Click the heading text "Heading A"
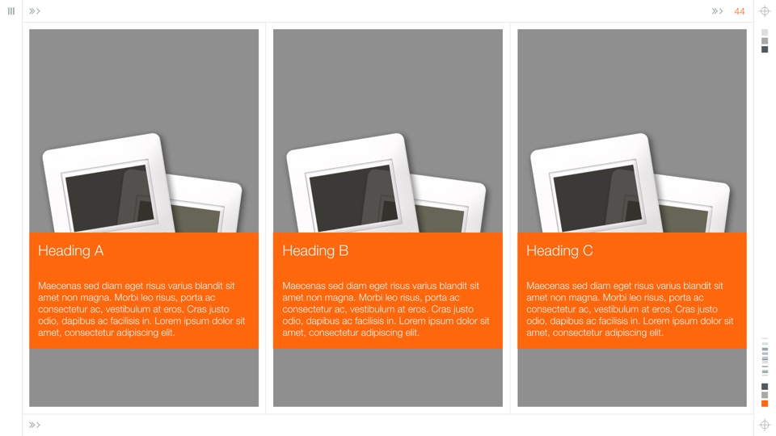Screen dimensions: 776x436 [71, 251]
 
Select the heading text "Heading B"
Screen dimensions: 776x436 [315, 251]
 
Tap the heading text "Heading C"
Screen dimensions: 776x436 [559, 251]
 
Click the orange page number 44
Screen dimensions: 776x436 [740, 11]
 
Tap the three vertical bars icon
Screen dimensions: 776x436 [11, 10]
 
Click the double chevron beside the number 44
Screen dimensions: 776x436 [717, 10]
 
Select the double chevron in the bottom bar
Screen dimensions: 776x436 [34, 425]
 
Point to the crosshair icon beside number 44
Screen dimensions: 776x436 [765, 10]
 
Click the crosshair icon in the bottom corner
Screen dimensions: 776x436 [765, 425]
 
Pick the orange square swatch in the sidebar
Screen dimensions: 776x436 [765, 404]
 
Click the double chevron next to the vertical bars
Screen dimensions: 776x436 [34, 10]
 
